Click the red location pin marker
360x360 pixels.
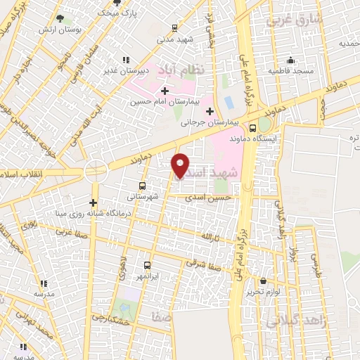180,165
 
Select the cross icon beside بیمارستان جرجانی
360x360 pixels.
210,110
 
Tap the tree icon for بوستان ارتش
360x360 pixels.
59,18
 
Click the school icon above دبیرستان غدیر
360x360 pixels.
126,60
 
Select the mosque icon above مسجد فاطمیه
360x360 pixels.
290,60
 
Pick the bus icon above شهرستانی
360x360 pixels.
143,186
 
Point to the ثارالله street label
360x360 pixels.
212,237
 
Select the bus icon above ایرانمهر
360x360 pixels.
147,265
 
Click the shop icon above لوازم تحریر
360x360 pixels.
264,280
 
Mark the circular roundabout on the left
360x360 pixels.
95,170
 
